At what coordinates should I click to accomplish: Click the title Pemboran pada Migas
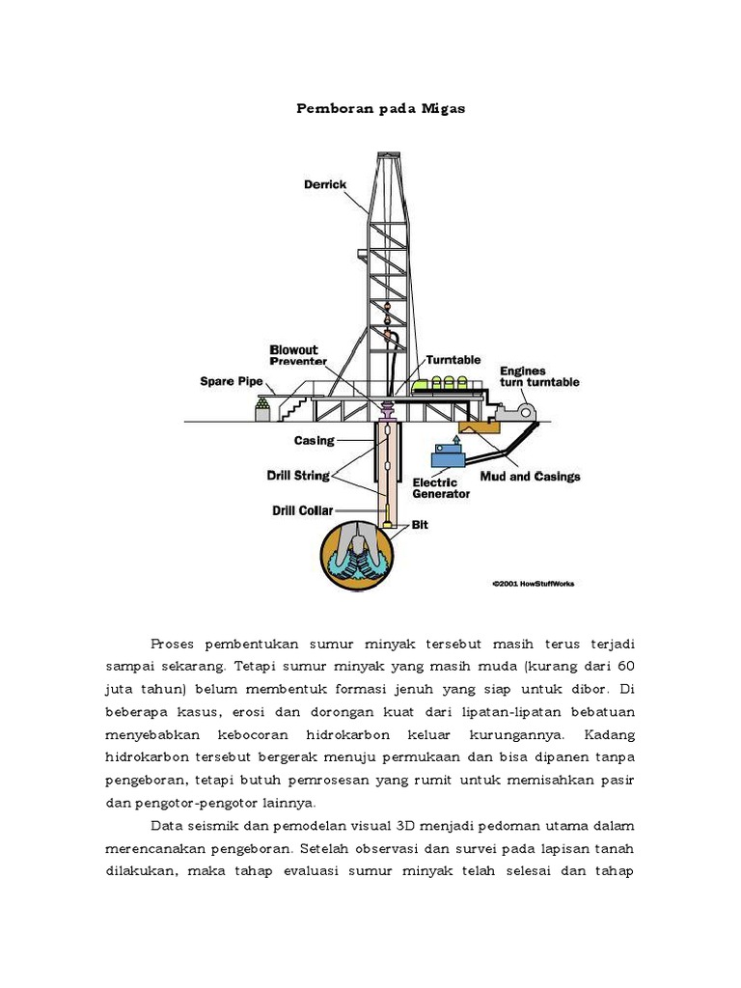[x=380, y=109]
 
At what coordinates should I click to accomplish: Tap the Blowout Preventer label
[x=294, y=355]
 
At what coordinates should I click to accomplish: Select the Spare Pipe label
[x=232, y=381]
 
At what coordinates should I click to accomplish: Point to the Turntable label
[x=453, y=360]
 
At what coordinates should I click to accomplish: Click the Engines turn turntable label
[x=538, y=376]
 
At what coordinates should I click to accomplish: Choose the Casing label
[x=314, y=441]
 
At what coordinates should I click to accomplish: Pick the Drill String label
[x=298, y=475]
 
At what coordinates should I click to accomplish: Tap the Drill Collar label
[x=301, y=509]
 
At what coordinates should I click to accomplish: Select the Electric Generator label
[x=441, y=487]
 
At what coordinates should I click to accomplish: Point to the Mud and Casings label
[x=531, y=477]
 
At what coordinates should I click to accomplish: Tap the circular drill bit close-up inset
[x=358, y=557]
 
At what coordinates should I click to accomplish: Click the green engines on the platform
[x=444, y=385]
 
